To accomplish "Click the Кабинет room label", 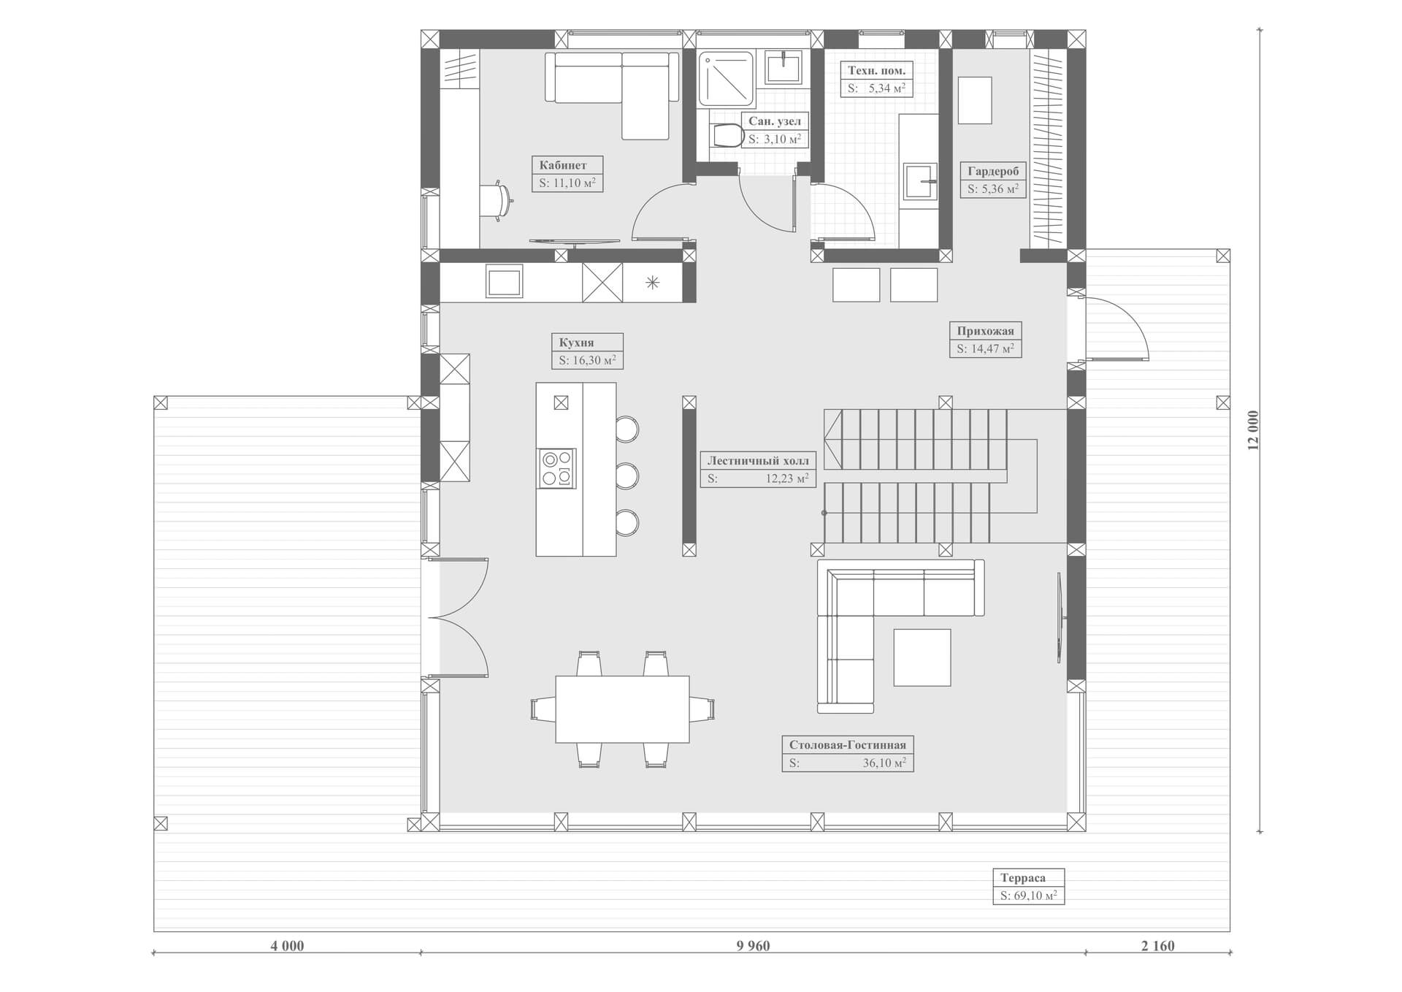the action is (x=562, y=165).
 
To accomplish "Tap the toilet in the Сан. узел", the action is (x=725, y=136).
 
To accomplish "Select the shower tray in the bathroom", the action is (x=726, y=77).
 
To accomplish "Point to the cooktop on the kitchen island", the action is (x=557, y=468).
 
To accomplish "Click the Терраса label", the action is (x=1022, y=878).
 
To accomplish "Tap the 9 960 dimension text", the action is (x=753, y=946).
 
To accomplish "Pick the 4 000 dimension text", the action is (x=287, y=946).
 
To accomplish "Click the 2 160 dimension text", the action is (x=1158, y=946).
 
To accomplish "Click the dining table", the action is (x=622, y=709).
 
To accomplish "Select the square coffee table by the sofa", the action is (x=922, y=657).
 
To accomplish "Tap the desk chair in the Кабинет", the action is (x=497, y=200).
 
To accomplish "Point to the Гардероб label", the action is (x=992, y=171).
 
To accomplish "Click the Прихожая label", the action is (x=985, y=331).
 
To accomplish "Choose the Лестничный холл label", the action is (x=758, y=461).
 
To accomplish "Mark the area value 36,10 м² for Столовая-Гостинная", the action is (x=884, y=763).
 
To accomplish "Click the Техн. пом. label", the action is (x=876, y=71).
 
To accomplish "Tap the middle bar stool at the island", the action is (x=627, y=476).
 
